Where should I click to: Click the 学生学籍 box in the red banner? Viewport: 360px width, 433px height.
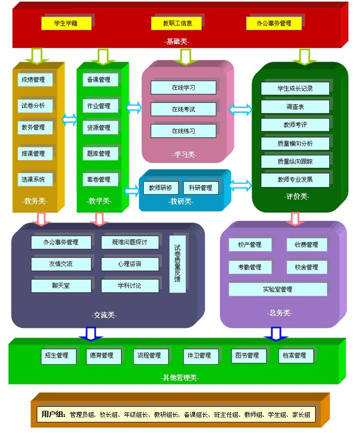(66, 23)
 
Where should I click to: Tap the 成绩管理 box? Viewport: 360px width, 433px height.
(33, 80)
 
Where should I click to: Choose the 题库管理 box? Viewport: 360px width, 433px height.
(98, 153)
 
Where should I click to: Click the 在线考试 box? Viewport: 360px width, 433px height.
(183, 109)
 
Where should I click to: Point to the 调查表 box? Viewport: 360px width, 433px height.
(295, 107)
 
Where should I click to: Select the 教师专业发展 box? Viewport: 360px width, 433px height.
(295, 180)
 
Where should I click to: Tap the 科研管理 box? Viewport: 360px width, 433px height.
(201, 188)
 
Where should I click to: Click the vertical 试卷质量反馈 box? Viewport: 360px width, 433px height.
(177, 263)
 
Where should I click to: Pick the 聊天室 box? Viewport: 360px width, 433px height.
(61, 286)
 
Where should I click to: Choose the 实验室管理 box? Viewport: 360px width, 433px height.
(277, 290)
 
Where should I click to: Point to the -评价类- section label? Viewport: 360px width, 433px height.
(296, 197)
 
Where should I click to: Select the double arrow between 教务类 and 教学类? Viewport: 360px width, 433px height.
(70, 120)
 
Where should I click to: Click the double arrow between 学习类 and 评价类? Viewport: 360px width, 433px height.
(241, 109)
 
